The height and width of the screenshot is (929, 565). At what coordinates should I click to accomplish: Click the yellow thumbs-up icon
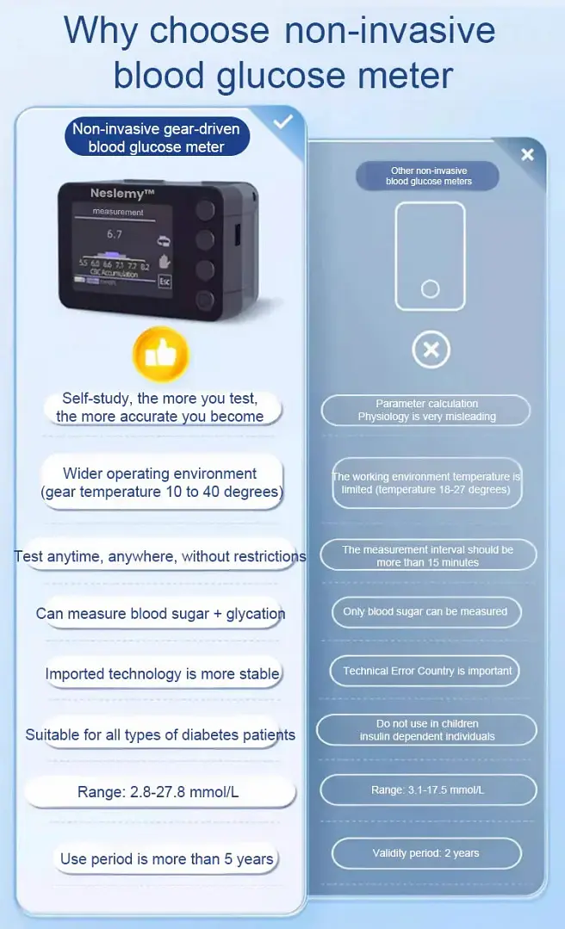[160, 354]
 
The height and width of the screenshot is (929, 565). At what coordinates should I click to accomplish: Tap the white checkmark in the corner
[283, 122]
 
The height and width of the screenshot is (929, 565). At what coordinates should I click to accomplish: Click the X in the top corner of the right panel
[527, 154]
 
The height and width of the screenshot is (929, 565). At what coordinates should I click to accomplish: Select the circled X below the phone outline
[431, 350]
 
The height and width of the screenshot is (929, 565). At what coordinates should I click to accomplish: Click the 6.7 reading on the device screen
[115, 233]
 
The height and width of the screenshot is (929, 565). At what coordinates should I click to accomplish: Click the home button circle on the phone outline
[430, 288]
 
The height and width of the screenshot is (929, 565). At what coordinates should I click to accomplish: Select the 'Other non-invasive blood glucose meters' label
[429, 176]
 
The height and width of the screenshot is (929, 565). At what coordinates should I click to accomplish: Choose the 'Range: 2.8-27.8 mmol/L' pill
[158, 791]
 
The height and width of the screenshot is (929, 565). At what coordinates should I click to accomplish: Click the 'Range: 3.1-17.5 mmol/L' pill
[428, 790]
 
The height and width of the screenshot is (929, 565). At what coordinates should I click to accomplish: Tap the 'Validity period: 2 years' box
[426, 853]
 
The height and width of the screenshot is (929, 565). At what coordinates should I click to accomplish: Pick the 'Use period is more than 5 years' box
[166, 858]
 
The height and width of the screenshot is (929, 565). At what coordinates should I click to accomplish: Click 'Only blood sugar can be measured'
[425, 611]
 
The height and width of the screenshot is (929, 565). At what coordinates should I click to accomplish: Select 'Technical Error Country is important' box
[427, 671]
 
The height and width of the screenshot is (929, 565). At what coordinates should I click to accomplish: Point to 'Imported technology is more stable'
[162, 673]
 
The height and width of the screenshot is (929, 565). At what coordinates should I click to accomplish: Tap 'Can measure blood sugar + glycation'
[160, 614]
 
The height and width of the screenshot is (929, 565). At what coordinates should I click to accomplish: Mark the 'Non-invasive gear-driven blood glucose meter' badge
[156, 138]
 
